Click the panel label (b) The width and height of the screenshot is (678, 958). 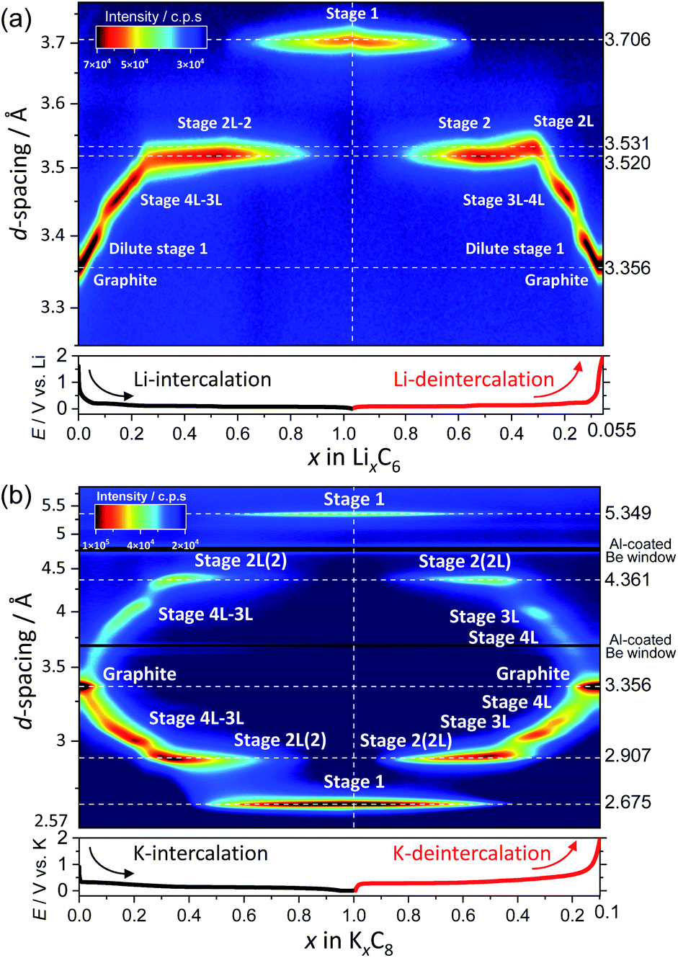click(x=16, y=495)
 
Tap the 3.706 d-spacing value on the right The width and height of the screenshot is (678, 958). click(x=627, y=40)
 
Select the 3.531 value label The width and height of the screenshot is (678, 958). click(x=627, y=143)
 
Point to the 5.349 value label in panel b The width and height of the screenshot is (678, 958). click(x=628, y=513)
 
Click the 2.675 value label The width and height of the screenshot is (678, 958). click(x=628, y=802)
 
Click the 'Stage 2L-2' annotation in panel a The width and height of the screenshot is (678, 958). click(x=215, y=123)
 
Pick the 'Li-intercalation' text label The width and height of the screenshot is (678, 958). click(x=202, y=380)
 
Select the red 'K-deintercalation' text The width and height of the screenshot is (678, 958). click(x=471, y=854)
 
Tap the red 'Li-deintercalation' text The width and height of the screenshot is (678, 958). click(x=473, y=380)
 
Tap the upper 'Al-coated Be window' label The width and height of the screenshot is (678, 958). click(x=641, y=550)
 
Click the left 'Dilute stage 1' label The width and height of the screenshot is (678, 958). click(x=158, y=249)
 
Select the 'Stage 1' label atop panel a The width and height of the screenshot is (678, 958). click(x=352, y=14)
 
